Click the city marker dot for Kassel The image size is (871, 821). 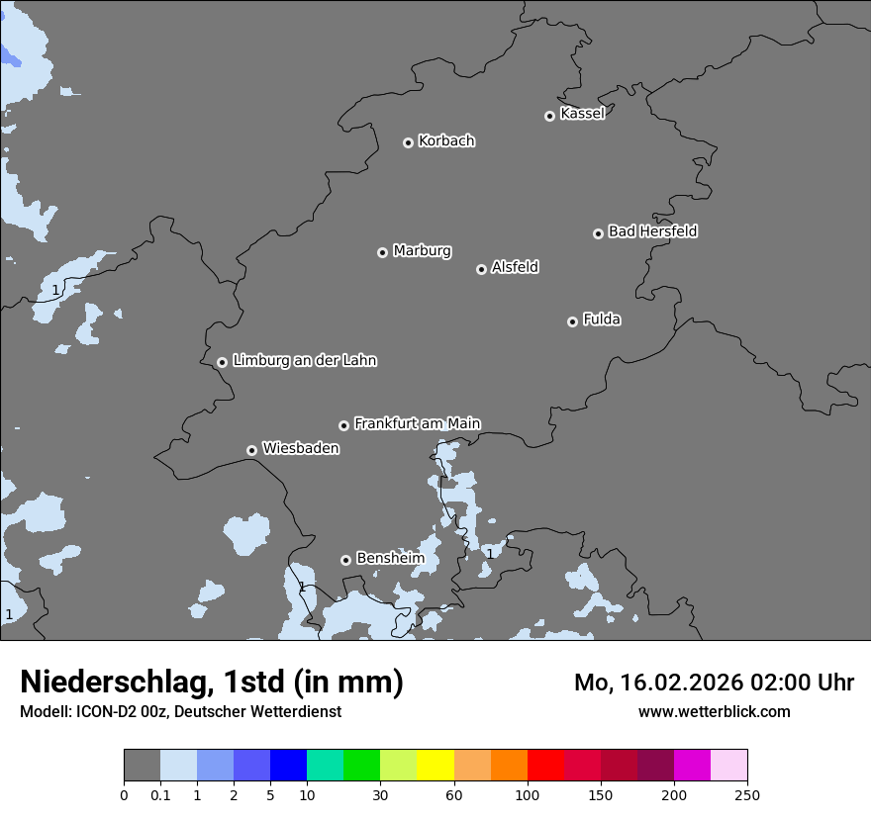click(549, 116)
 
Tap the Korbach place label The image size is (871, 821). click(446, 141)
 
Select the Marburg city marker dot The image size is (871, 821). click(382, 252)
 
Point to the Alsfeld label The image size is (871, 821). click(515, 267)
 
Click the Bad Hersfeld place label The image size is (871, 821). click(652, 231)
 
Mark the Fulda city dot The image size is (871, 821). click(572, 321)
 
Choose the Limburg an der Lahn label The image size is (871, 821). click(304, 361)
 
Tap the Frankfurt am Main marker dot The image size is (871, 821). click(343, 425)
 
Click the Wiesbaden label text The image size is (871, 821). click(300, 449)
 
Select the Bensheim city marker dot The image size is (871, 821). click(345, 560)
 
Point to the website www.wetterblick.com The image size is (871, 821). click(714, 712)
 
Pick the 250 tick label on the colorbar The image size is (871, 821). click(747, 794)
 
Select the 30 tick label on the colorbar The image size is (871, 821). click(380, 794)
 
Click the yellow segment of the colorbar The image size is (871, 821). click(435, 766)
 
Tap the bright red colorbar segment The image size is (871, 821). click(545, 766)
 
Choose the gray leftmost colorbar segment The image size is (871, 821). click(142, 766)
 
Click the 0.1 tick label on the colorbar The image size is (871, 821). click(160, 794)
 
